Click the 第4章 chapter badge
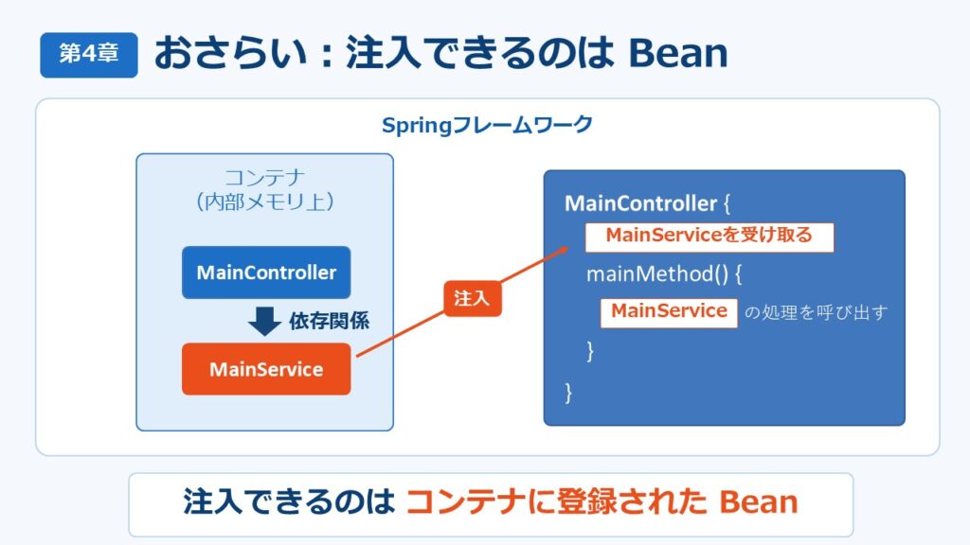(89, 55)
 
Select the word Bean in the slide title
(678, 53)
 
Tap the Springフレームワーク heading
(488, 125)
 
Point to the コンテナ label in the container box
(265, 178)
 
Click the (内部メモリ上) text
(265, 202)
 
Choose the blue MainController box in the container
(266, 272)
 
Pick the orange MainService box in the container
(266, 369)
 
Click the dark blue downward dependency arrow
(265, 321)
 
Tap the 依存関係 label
(329, 321)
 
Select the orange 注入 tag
(472, 298)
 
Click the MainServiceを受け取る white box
(710, 237)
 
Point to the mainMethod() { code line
(664, 273)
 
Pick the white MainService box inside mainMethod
(669, 312)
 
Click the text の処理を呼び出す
(816, 312)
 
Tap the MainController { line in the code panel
(647, 203)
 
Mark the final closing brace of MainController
(568, 393)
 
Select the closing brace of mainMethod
(590, 351)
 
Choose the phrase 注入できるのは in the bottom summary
(289, 501)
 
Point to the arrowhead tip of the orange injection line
(568, 247)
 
